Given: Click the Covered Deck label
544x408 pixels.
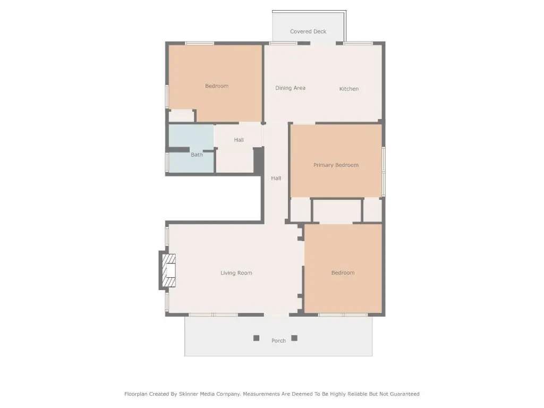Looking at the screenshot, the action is point(308,31).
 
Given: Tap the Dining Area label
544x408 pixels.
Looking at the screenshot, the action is point(291,88).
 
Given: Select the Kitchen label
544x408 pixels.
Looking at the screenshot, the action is point(349,89).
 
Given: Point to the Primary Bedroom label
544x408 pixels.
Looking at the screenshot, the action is point(336,165).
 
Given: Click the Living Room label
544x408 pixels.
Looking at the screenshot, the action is point(236,273).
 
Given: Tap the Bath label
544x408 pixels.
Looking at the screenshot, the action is point(197,155).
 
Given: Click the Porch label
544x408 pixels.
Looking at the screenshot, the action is point(278,341).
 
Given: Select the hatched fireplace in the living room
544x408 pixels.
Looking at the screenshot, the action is point(169,270).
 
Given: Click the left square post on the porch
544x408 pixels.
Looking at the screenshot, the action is point(257,338).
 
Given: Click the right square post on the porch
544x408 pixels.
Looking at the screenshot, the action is point(294,338).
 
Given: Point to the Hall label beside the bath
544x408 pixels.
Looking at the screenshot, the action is point(239,140).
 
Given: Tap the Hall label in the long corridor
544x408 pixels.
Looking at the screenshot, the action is point(276,178).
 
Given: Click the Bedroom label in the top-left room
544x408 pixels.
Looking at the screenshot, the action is point(217,86).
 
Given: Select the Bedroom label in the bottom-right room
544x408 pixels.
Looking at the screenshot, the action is point(343,273).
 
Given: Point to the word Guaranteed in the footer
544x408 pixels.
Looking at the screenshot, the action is point(404,394).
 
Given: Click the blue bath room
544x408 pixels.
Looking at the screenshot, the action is point(191,149).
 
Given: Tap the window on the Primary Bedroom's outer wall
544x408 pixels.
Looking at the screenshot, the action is point(384,172).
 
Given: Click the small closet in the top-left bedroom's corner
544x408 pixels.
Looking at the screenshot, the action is point(181,116).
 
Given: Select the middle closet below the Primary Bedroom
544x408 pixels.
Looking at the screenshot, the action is point(337,210).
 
